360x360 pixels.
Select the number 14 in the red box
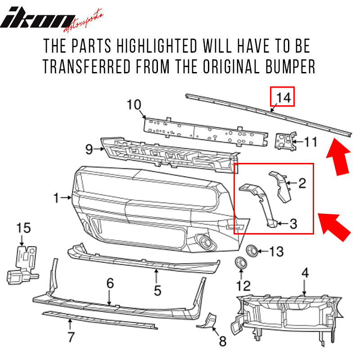[282, 97]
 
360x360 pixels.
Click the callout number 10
[134, 105]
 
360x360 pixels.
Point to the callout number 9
[88, 148]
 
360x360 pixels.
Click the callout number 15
[24, 228]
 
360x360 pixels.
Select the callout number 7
[71, 336]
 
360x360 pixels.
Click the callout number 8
[222, 342]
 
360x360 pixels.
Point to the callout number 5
[157, 290]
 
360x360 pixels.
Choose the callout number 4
[305, 273]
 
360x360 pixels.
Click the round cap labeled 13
[252, 250]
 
